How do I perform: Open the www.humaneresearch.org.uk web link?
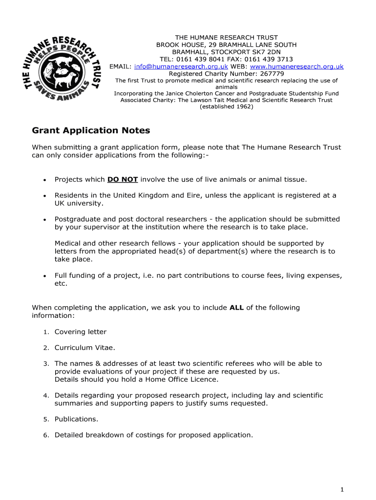(x=296, y=66)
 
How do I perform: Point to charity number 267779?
(x=270, y=74)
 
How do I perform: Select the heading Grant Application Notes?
(x=91, y=130)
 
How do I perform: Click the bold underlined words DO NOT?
(x=123, y=179)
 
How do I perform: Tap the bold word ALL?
(x=237, y=308)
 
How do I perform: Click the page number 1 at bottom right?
(x=343, y=489)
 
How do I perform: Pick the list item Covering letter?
(x=80, y=332)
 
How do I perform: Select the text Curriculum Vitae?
(x=84, y=348)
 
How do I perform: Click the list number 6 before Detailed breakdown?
(x=45, y=435)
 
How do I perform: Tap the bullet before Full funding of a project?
(x=44, y=276)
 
